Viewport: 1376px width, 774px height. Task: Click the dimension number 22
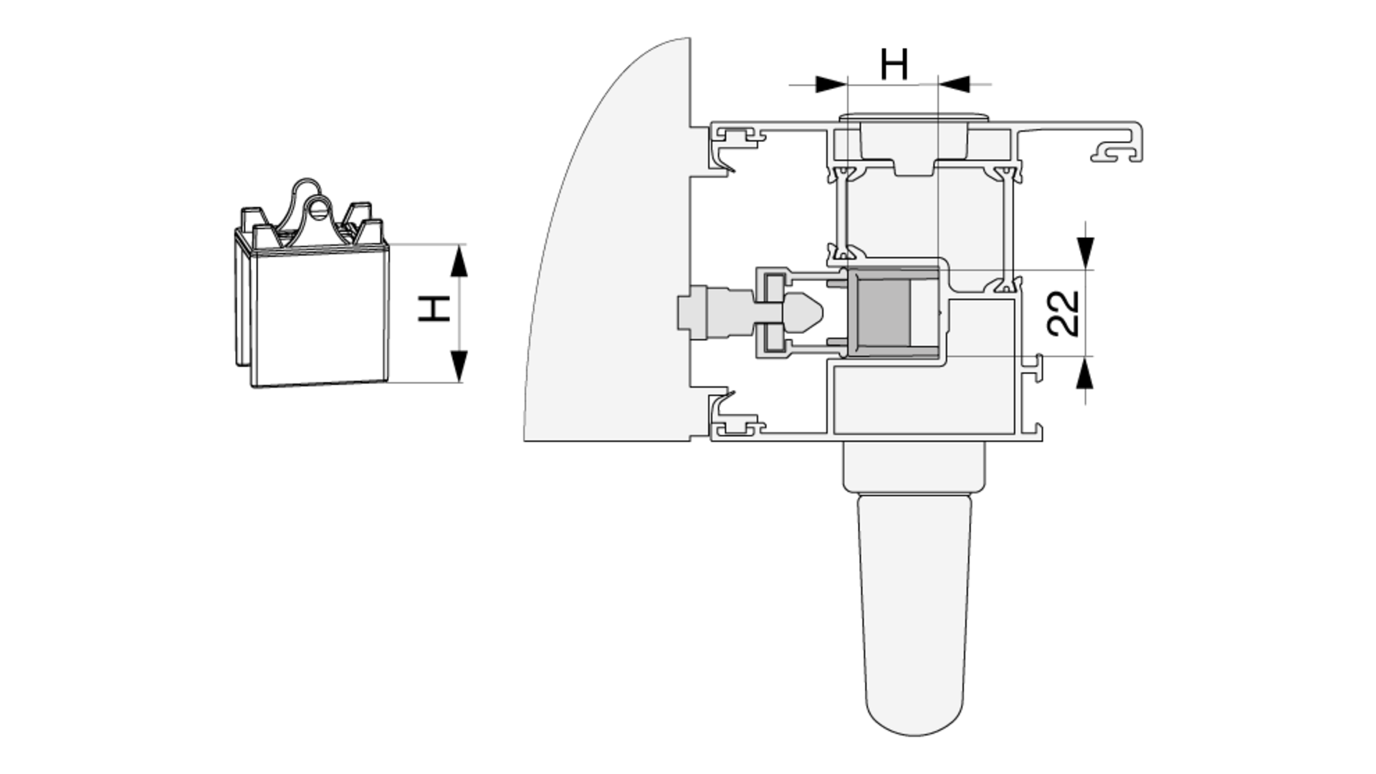click(1064, 313)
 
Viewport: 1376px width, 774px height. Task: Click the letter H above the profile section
click(894, 64)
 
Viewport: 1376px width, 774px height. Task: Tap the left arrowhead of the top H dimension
click(831, 85)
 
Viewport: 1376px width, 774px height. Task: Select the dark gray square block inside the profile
click(884, 311)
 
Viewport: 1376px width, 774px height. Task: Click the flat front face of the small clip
click(321, 315)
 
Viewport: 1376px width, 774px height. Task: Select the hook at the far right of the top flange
click(1118, 150)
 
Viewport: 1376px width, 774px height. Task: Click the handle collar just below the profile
click(914, 466)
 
